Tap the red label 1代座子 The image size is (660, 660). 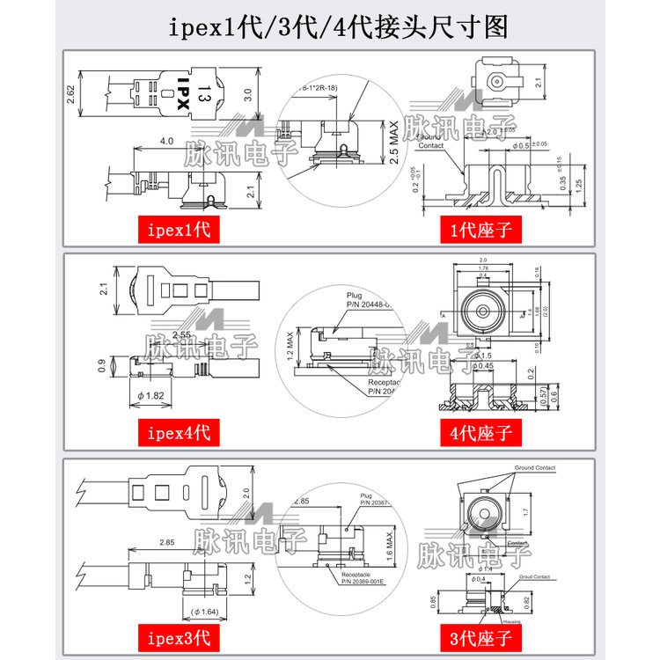(x=480, y=231)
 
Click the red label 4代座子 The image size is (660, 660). (x=480, y=432)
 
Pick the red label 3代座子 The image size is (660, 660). (x=480, y=634)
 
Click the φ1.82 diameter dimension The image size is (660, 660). (x=152, y=396)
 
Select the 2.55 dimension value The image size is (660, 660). (x=182, y=334)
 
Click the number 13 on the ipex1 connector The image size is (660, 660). (x=204, y=92)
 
